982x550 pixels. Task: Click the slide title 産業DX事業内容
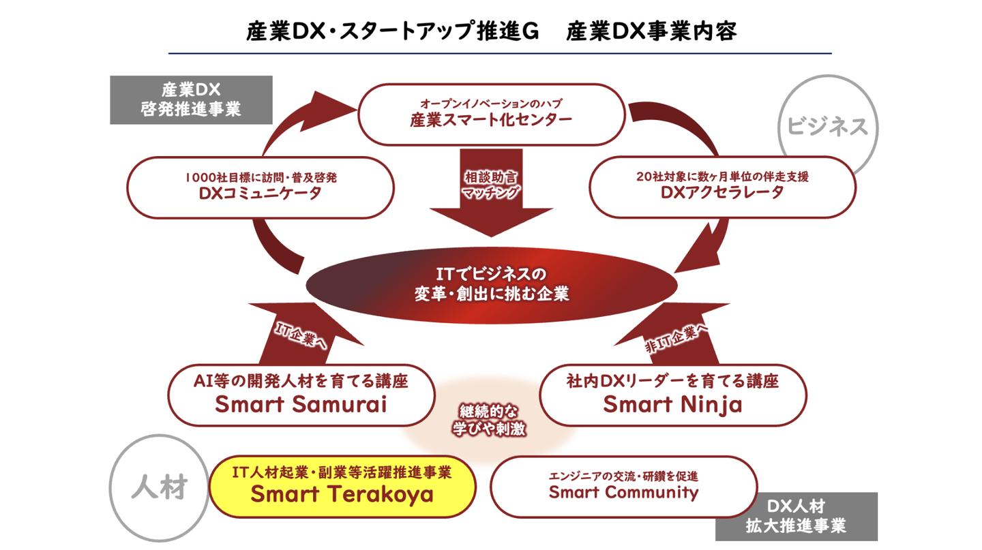[x=651, y=32]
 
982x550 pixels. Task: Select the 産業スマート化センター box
[x=491, y=114]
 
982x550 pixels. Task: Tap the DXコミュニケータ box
[x=260, y=187]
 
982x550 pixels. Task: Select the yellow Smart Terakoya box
[x=342, y=485]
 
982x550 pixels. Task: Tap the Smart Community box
[x=623, y=485]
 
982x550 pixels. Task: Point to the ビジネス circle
[x=827, y=126]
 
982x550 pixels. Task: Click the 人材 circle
[x=158, y=489]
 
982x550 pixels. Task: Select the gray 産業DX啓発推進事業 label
[x=191, y=100]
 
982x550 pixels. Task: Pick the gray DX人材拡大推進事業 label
[x=796, y=517]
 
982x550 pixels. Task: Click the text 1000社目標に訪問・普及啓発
[x=260, y=177]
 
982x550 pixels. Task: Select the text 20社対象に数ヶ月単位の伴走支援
[x=721, y=177]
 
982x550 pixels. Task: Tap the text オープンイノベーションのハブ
[x=491, y=104]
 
